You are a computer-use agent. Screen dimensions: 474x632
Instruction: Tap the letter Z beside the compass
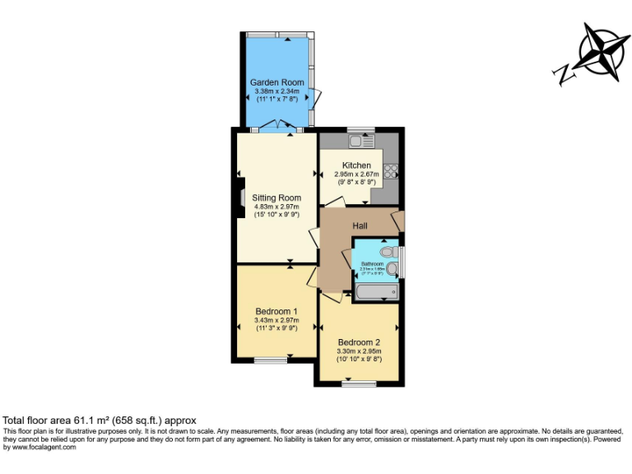[565, 76]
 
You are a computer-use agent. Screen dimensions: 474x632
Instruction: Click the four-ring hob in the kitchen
[390, 172]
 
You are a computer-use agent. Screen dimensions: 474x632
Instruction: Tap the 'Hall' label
[360, 225]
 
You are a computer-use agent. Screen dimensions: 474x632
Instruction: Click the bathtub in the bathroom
[376, 292]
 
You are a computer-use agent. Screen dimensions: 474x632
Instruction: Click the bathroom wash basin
[393, 267]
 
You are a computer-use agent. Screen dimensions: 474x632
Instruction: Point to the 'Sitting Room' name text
[276, 197]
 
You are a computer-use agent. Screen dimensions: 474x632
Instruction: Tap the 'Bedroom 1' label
[276, 311]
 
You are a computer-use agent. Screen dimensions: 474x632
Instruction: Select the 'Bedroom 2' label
[359, 342]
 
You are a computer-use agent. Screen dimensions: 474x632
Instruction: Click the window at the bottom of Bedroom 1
[270, 360]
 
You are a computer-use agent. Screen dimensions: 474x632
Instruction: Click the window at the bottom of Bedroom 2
[359, 383]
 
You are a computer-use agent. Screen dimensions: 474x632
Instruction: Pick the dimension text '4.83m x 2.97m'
[276, 207]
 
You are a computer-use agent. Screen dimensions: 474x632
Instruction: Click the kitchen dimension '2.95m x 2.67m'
[356, 174]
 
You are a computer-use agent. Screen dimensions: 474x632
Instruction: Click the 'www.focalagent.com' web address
[44, 447]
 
